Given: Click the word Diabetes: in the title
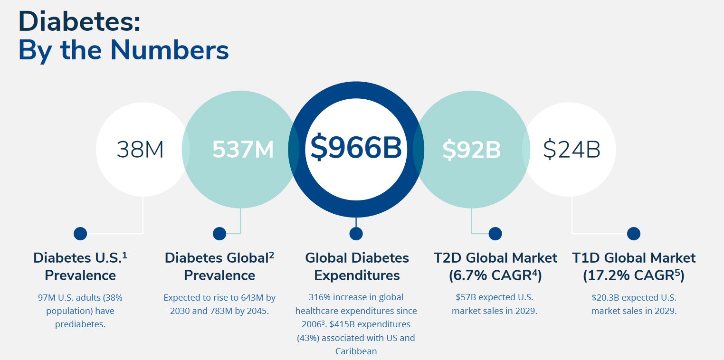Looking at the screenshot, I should [x=79, y=21].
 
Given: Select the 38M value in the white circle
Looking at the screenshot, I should [x=140, y=150].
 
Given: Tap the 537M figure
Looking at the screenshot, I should [x=243, y=150].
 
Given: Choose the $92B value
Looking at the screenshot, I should [x=471, y=150].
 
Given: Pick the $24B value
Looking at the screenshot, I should [x=572, y=150].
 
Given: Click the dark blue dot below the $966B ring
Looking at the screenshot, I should [x=356, y=234].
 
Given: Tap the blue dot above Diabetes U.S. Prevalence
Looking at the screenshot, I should [x=80, y=234].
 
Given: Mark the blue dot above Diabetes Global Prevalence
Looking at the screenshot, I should [x=219, y=234].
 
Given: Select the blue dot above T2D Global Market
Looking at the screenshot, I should [x=495, y=234].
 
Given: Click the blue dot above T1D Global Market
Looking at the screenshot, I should [x=633, y=234].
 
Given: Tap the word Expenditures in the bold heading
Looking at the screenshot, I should [x=357, y=275].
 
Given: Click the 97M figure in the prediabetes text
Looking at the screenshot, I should [x=48, y=298].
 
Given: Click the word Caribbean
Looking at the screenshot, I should [x=356, y=351].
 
